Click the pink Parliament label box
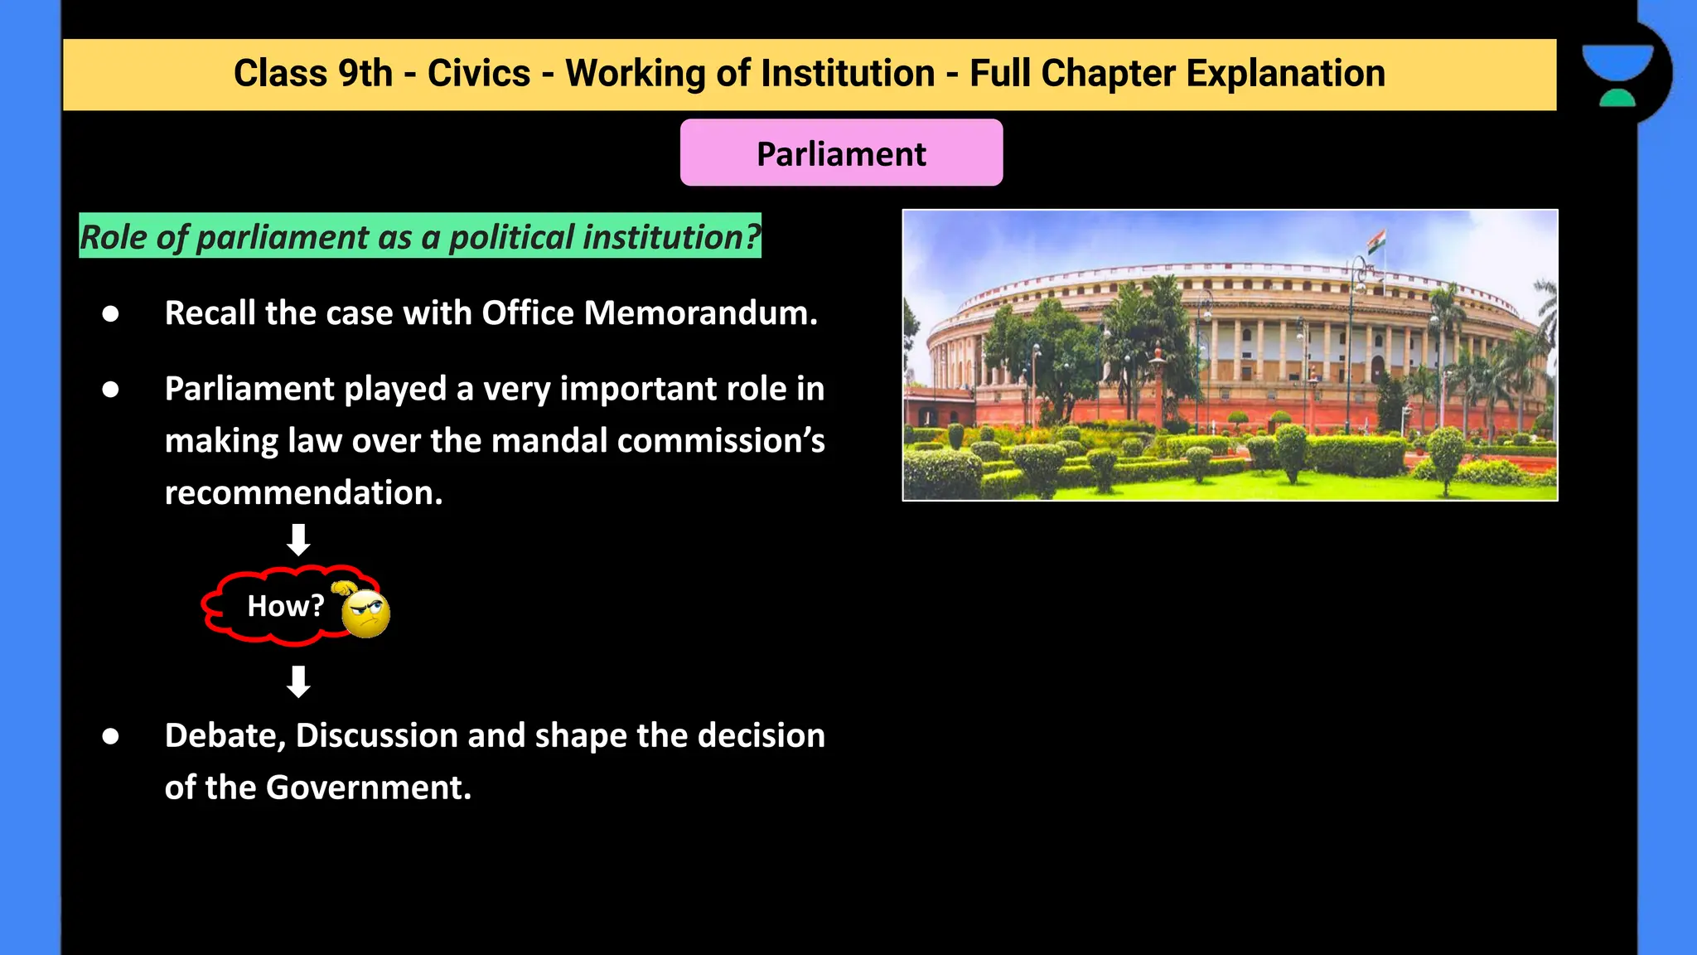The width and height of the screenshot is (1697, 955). [x=841, y=153]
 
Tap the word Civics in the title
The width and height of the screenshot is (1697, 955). [x=478, y=73]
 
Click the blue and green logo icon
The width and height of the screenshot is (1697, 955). [x=1617, y=75]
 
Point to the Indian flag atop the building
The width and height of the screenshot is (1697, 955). [x=1376, y=242]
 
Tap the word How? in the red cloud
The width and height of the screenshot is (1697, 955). [x=285, y=606]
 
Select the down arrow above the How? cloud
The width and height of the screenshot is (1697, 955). [x=298, y=540]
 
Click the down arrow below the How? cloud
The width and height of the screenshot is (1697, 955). [x=298, y=681]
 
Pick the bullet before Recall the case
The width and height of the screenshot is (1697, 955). [x=110, y=313]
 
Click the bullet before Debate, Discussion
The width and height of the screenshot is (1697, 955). [x=110, y=736]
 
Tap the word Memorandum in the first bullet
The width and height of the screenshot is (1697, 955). [x=700, y=313]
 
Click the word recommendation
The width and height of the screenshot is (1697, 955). [x=303, y=493]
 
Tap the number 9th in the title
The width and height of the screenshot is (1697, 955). [x=365, y=73]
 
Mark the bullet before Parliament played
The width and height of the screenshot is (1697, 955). [x=110, y=390]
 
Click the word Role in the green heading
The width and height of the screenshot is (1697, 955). [x=113, y=237]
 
